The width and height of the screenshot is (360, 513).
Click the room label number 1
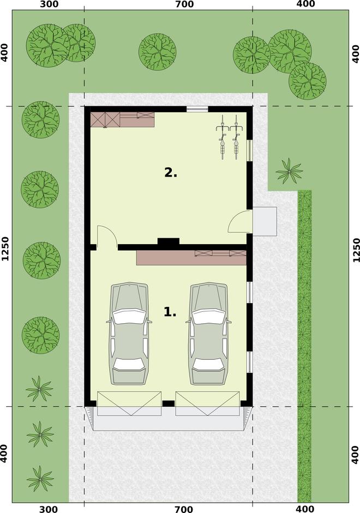pos(170,312)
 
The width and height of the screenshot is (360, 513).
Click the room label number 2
pos(171,172)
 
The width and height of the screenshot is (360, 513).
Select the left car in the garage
pos(129,333)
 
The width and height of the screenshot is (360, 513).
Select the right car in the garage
pos(209,333)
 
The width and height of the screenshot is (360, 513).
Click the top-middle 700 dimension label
pos(184,4)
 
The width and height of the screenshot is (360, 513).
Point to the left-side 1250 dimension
pos(5,249)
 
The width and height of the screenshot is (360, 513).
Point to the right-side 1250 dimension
pos(356,250)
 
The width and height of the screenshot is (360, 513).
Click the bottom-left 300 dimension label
pos(48,509)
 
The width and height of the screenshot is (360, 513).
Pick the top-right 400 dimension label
pos(305,4)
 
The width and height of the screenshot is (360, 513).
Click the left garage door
pos(129,403)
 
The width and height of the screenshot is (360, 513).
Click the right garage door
pos(207,403)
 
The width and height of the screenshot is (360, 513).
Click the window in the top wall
pos(197,109)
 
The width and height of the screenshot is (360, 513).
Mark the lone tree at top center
pos(158,52)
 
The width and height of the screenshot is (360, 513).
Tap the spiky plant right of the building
pos(289,171)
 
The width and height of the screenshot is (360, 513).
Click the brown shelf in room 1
pos(191,257)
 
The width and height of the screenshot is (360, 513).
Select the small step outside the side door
pos(265,221)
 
